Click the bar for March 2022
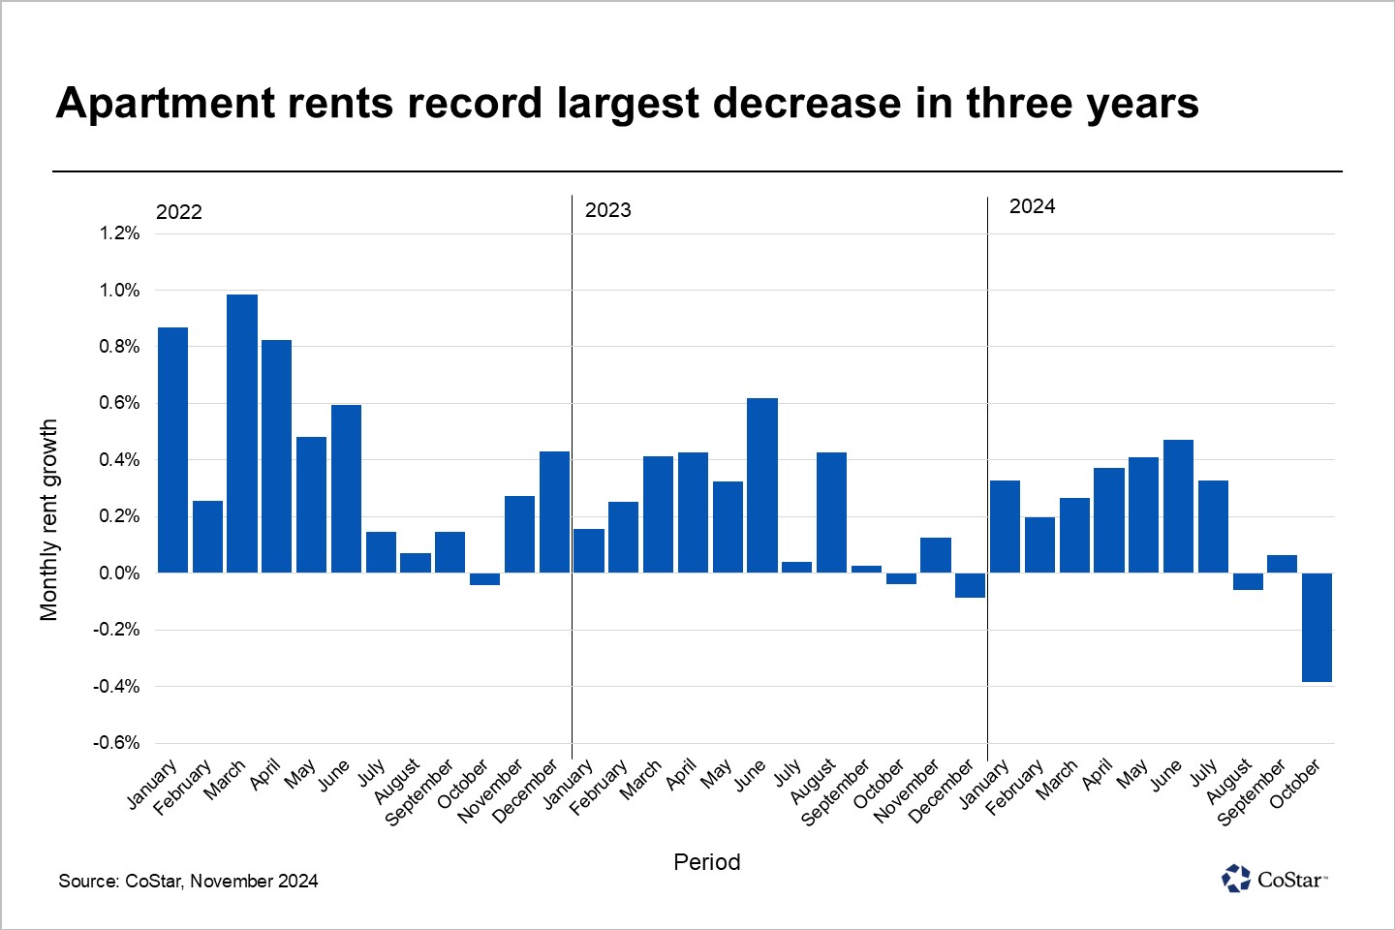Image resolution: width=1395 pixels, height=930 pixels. (x=242, y=433)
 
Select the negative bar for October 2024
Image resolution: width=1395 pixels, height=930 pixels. (x=1317, y=628)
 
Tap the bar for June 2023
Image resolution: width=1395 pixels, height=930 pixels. (x=762, y=485)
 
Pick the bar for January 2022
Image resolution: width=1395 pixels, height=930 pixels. (x=172, y=449)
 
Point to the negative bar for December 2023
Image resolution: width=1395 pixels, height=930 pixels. (x=970, y=585)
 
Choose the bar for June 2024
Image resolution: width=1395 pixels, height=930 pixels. (x=1178, y=506)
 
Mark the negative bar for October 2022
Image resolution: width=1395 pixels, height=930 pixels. (x=484, y=579)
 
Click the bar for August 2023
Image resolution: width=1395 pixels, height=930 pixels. (x=831, y=512)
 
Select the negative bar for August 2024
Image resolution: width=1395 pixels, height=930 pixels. (x=1248, y=581)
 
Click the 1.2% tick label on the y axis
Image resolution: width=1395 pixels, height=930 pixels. (x=119, y=233)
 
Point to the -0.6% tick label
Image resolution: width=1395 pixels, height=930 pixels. (x=116, y=743)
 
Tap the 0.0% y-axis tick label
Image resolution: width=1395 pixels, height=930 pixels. (x=119, y=573)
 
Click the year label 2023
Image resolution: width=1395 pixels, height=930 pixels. (x=607, y=210)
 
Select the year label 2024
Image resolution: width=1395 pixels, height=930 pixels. (x=1032, y=206)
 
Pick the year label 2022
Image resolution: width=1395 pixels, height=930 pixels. (x=179, y=212)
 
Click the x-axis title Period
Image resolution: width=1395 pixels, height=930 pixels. (x=706, y=862)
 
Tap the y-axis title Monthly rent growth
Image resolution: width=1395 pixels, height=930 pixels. (x=49, y=520)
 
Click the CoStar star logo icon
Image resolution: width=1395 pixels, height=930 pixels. (x=1236, y=879)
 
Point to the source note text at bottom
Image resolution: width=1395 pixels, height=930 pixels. (x=188, y=881)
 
